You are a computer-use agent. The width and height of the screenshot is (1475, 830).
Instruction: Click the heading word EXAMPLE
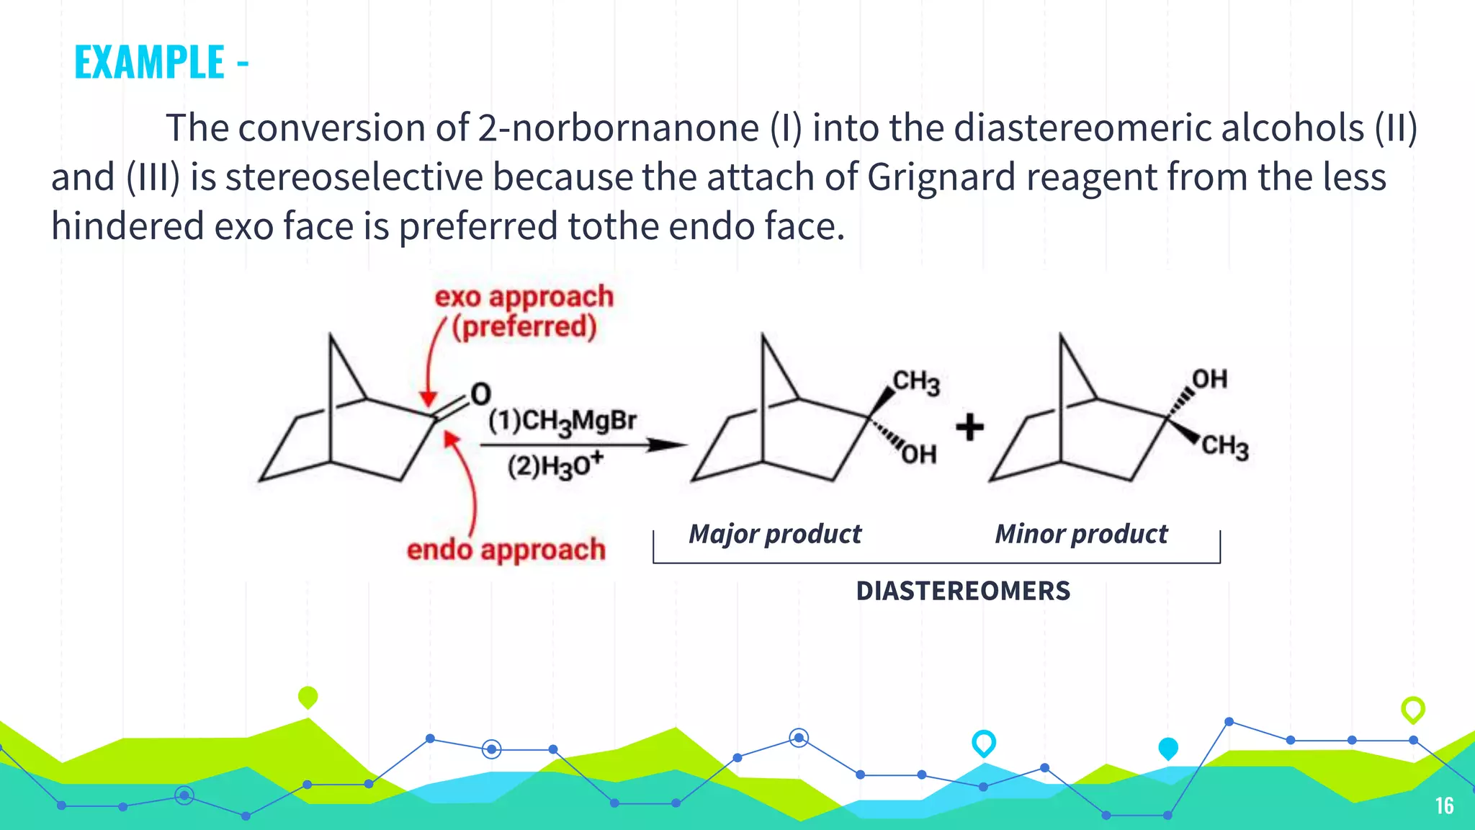click(x=150, y=63)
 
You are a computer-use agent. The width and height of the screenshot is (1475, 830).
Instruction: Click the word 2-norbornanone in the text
click(x=618, y=128)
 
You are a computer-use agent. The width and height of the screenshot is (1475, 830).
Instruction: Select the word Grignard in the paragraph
click(x=941, y=177)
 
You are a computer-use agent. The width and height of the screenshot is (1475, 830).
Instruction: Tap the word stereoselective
click(x=354, y=177)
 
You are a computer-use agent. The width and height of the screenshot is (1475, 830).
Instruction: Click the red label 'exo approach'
click(x=524, y=297)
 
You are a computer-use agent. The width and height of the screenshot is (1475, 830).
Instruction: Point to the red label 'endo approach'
click(x=506, y=550)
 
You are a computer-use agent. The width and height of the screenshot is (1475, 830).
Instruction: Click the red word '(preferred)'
click(x=524, y=327)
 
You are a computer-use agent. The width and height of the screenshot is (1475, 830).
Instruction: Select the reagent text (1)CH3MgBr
click(x=562, y=421)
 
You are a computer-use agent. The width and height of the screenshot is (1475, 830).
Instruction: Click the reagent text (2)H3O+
click(x=555, y=466)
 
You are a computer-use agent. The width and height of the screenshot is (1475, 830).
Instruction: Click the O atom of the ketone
click(x=480, y=394)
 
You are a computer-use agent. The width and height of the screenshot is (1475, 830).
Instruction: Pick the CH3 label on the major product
click(x=916, y=382)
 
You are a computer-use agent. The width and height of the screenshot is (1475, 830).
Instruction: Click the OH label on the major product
click(x=919, y=455)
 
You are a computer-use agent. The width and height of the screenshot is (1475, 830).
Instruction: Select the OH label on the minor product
click(x=1209, y=379)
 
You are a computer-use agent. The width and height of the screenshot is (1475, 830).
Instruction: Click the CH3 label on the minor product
click(x=1224, y=446)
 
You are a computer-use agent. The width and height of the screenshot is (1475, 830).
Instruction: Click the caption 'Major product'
click(x=774, y=534)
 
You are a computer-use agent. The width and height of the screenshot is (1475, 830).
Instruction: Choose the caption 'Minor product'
click(x=1080, y=534)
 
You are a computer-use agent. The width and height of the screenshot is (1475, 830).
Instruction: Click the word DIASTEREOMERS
click(x=963, y=591)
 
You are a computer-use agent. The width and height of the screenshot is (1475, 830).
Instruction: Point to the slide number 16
click(x=1444, y=806)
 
